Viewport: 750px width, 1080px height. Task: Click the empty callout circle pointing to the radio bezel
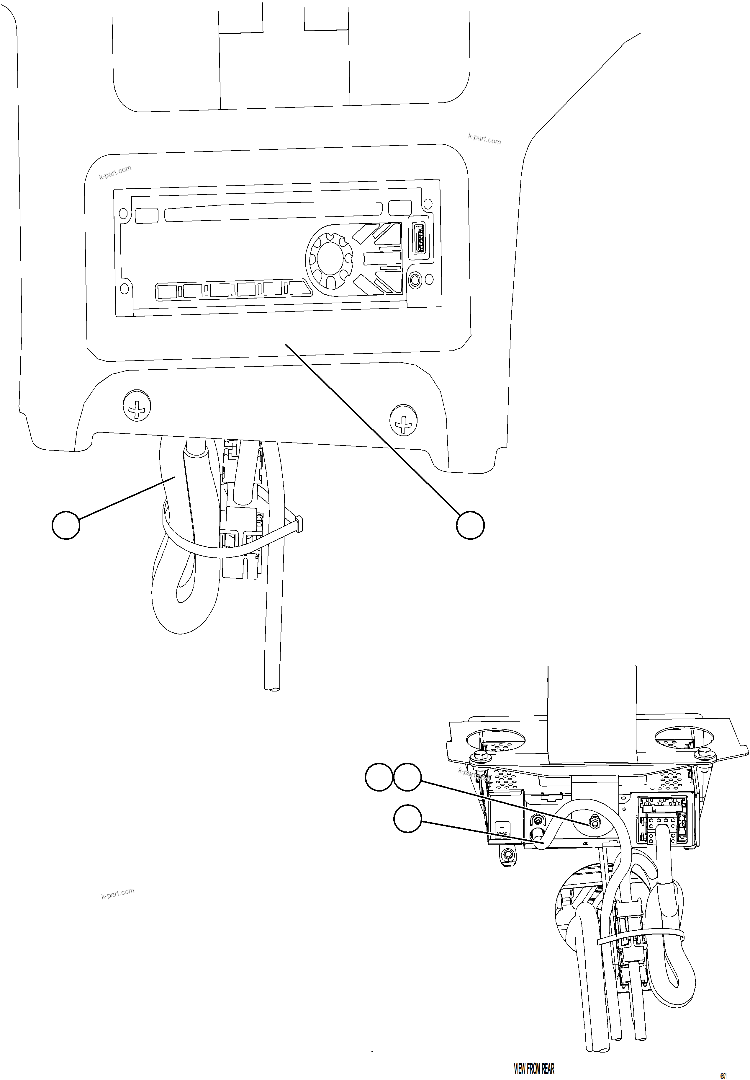470,525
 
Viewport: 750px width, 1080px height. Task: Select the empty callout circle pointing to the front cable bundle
66,525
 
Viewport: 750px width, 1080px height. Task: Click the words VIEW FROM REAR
534,1055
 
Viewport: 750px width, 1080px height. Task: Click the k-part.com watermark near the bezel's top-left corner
115,172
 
